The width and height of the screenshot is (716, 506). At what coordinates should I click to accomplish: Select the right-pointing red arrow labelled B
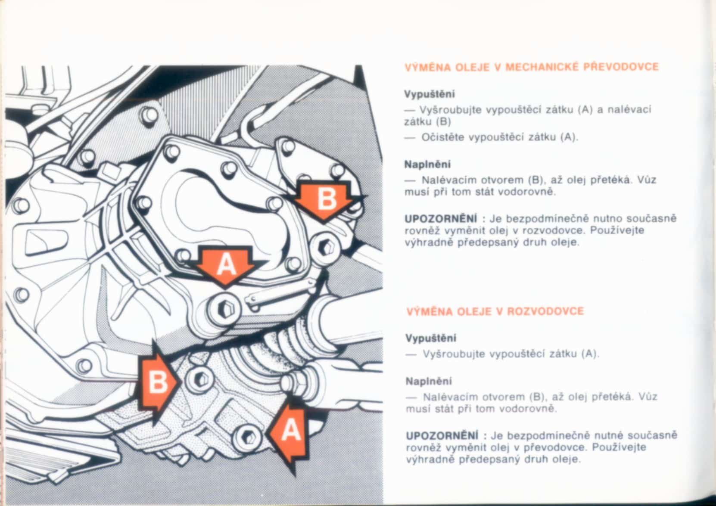[x=157, y=383]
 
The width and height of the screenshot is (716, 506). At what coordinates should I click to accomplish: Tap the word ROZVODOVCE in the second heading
[x=546, y=311]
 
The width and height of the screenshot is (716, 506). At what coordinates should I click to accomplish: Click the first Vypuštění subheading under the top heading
[x=430, y=94]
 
